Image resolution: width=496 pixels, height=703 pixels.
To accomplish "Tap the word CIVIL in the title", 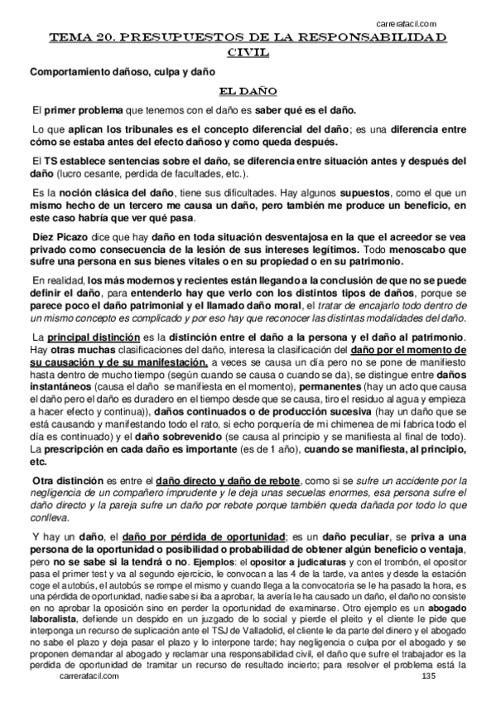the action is (247, 53).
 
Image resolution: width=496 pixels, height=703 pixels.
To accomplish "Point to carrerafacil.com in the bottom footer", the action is (90, 676).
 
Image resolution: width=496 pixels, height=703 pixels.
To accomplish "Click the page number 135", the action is (428, 676).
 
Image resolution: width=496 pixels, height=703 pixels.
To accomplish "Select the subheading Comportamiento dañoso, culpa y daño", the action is (123, 72).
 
